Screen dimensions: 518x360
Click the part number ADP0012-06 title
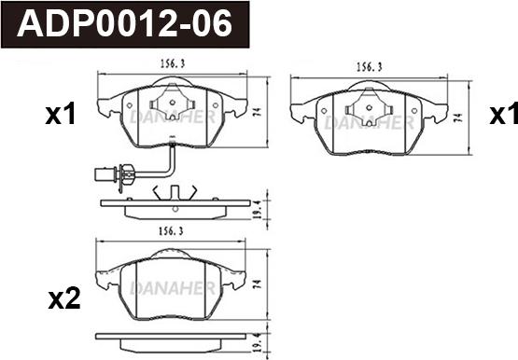pos(124,23)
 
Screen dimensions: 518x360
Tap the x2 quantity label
pos(64,298)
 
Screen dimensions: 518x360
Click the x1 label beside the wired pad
pos(61,114)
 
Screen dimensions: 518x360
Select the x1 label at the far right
pos(503,114)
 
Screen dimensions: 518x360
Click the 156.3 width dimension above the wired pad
pos(173,63)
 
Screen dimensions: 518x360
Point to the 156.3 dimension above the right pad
pos(369,67)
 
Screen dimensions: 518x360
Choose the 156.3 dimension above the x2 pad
pos(171,231)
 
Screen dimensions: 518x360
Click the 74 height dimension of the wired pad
pos(259,112)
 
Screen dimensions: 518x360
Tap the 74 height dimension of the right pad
pos(457,118)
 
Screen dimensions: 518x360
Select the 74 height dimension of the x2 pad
pos(258,284)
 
